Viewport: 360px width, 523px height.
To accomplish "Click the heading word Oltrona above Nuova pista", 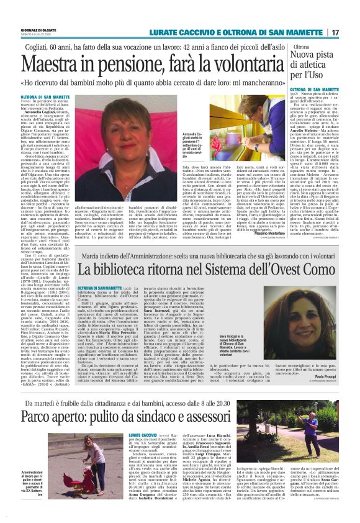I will click(302, 47).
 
